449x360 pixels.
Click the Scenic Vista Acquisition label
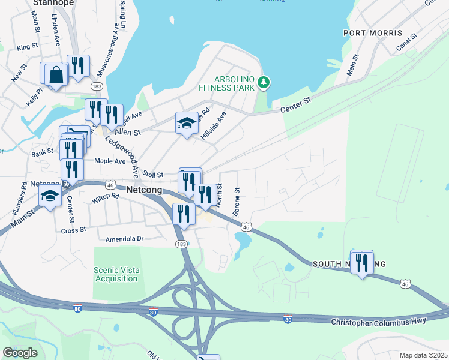116,274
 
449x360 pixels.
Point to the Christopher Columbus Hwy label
379,322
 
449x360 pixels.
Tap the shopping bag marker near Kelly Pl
56,75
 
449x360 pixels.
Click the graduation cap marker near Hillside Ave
187,124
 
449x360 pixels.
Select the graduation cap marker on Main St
50,196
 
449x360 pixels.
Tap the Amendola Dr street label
125,238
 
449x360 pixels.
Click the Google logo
20,353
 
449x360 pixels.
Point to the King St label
28,47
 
